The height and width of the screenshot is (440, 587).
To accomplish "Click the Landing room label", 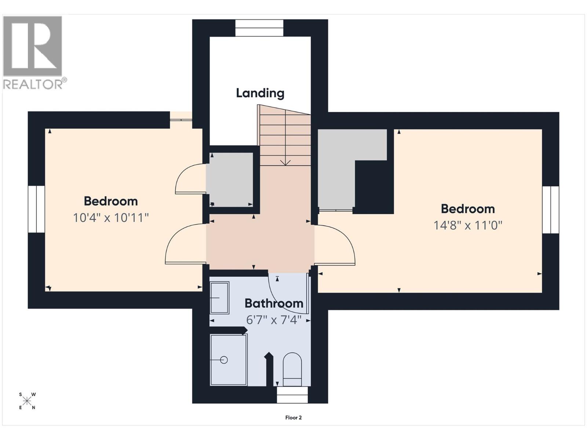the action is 260,93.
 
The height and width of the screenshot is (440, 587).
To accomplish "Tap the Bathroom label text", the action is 274,304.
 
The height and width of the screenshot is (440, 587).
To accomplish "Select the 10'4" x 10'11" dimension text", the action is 111,218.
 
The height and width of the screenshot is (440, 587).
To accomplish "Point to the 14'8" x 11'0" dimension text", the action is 468,225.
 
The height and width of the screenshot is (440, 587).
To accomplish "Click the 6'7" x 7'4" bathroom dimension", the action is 274,320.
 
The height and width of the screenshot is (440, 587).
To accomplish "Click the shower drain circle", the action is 224,360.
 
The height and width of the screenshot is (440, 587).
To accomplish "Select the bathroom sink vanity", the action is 219,298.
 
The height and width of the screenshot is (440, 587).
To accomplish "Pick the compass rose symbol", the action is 27,401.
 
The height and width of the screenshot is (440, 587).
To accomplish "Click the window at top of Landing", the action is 259,28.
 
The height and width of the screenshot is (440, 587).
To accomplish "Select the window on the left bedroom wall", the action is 36,209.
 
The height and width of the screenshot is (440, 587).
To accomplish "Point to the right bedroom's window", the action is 551,210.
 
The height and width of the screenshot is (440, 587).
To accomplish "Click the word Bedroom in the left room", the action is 111,201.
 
